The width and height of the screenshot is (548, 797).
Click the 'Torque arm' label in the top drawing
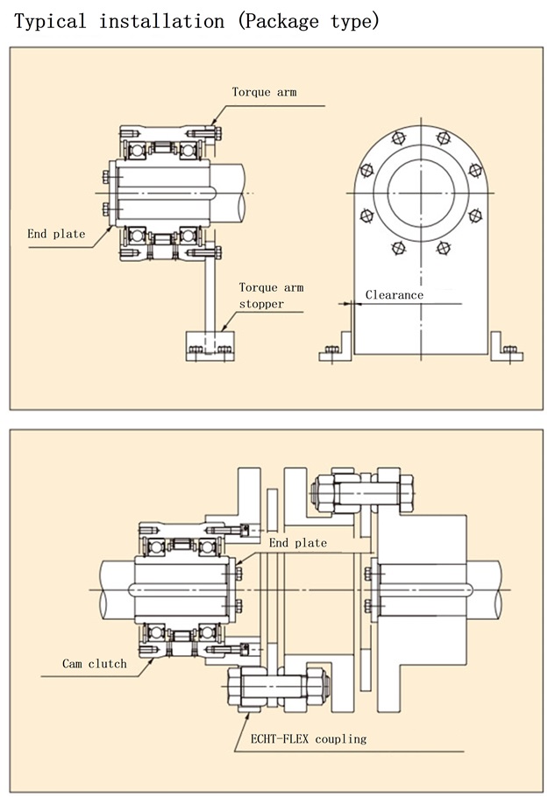tap(264, 92)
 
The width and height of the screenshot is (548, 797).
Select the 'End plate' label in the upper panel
tap(56, 234)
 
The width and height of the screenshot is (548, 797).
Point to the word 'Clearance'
tap(394, 295)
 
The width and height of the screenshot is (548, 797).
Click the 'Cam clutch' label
tap(94, 663)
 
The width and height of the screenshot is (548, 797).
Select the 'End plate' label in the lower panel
tap(297, 543)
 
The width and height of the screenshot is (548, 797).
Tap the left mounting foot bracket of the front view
tap(337, 350)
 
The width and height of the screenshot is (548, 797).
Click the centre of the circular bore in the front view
tap(423, 192)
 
